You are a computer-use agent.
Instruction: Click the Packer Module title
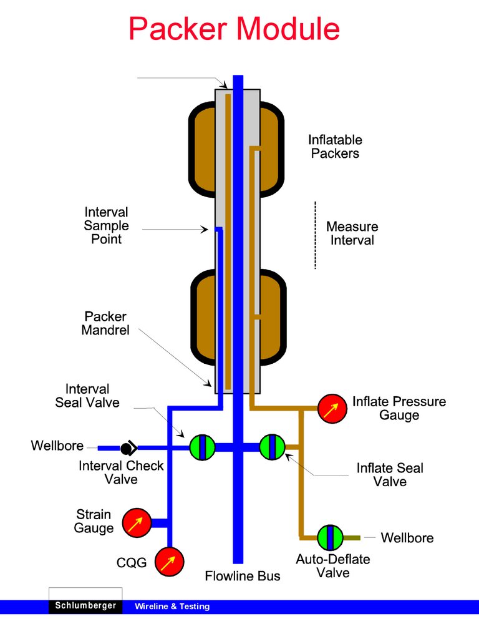click(234, 29)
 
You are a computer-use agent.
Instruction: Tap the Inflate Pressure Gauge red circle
click(332, 409)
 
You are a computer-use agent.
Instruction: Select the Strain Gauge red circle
click(136, 523)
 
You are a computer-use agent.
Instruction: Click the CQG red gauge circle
click(169, 562)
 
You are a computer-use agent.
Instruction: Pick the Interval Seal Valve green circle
click(202, 447)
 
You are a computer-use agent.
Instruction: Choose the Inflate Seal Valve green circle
click(272, 447)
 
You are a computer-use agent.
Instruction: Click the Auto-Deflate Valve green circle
click(330, 537)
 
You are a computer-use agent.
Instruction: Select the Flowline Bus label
click(243, 576)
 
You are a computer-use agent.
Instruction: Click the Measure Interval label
click(352, 233)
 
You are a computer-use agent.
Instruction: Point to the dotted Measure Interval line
click(315, 235)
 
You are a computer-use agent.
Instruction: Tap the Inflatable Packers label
click(335, 146)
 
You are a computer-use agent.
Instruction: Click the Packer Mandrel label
click(105, 323)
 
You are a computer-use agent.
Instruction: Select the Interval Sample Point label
click(106, 225)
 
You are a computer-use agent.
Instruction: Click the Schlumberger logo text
click(85, 606)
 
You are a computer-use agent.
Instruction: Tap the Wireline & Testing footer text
click(172, 607)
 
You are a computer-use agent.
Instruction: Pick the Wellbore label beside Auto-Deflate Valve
click(407, 538)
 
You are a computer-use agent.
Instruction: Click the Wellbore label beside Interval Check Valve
click(57, 446)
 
